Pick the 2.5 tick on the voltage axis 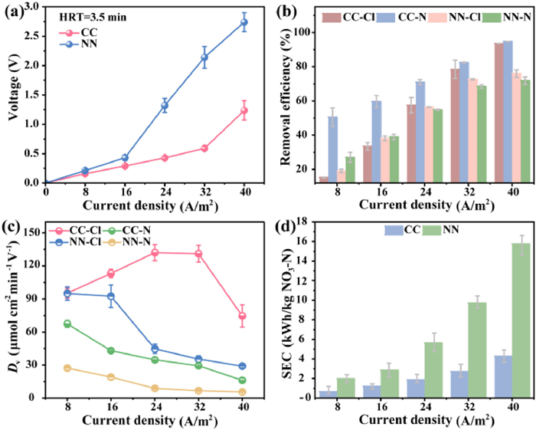(35, 35)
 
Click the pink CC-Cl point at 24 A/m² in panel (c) (155, 252)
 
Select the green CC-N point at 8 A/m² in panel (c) (67, 323)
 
